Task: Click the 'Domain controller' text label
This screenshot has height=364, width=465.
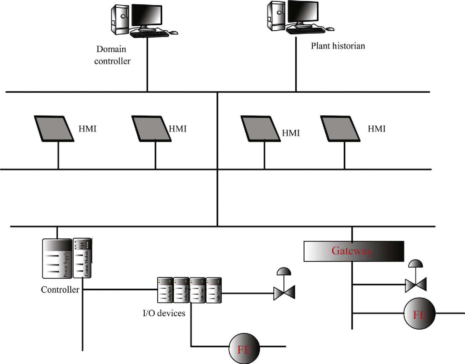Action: (x=112, y=55)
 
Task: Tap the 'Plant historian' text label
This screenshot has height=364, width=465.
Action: (x=338, y=46)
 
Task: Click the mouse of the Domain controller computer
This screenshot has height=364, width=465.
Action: (x=174, y=33)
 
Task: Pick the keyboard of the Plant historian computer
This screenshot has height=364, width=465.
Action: (x=306, y=30)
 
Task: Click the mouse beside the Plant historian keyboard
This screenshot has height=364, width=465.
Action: (x=330, y=29)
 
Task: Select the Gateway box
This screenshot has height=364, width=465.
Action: (x=354, y=251)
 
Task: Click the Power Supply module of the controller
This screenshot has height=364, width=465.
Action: (x=57, y=258)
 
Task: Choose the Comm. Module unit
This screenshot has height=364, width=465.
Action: (x=82, y=258)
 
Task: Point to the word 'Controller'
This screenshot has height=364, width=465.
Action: (x=60, y=290)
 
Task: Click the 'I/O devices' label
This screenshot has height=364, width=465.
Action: (x=164, y=313)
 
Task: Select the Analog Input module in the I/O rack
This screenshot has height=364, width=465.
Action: (x=165, y=290)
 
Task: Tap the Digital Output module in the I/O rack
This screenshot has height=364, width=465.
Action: (x=214, y=290)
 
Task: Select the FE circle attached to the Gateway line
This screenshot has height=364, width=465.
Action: (x=419, y=314)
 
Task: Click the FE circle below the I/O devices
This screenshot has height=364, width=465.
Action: (x=244, y=349)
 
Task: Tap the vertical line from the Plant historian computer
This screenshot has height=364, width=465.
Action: (x=296, y=64)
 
